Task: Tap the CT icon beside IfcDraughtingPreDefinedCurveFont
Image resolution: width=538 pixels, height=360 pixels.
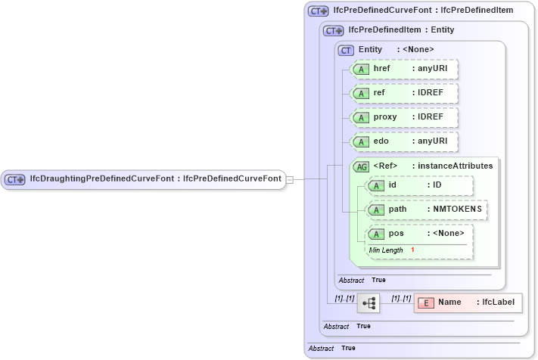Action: pyautogui.click(x=15, y=179)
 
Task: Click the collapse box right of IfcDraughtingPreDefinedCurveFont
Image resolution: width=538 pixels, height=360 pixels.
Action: pyautogui.click(x=290, y=179)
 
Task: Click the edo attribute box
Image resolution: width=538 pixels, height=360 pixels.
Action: pyautogui.click(x=405, y=141)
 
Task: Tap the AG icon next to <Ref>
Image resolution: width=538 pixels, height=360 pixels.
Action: pyautogui.click(x=362, y=166)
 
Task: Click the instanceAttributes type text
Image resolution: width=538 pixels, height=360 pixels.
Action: pyautogui.click(x=452, y=166)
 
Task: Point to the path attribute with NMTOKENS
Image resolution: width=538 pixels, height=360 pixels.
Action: pyautogui.click(x=426, y=209)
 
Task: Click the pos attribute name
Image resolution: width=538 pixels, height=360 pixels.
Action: pyautogui.click(x=397, y=233)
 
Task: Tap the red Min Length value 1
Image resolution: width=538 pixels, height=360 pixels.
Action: pyautogui.click(x=412, y=250)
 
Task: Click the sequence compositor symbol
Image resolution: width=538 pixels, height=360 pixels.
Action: pyautogui.click(x=369, y=303)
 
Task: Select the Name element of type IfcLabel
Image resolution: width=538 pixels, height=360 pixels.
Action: pyautogui.click(x=468, y=303)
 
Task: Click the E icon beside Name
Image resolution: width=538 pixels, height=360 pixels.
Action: pyautogui.click(x=426, y=303)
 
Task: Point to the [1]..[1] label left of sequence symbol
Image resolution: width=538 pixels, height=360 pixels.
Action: pyautogui.click(x=344, y=298)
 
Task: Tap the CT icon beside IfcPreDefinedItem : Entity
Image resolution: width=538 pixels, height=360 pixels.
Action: pyautogui.click(x=334, y=31)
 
